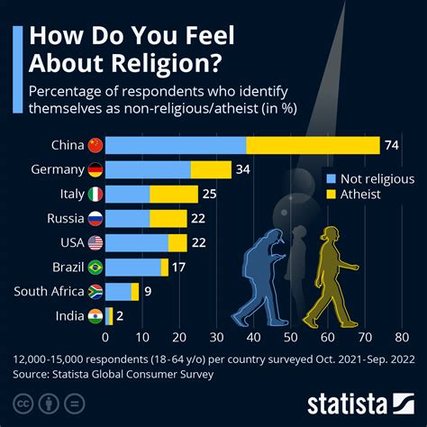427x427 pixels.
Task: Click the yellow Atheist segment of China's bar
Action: [x=313, y=145]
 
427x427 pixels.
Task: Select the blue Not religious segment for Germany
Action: [x=148, y=169]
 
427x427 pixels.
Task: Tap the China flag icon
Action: [x=95, y=145]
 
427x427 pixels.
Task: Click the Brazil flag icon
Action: [x=95, y=267]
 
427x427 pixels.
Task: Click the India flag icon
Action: [x=95, y=315]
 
